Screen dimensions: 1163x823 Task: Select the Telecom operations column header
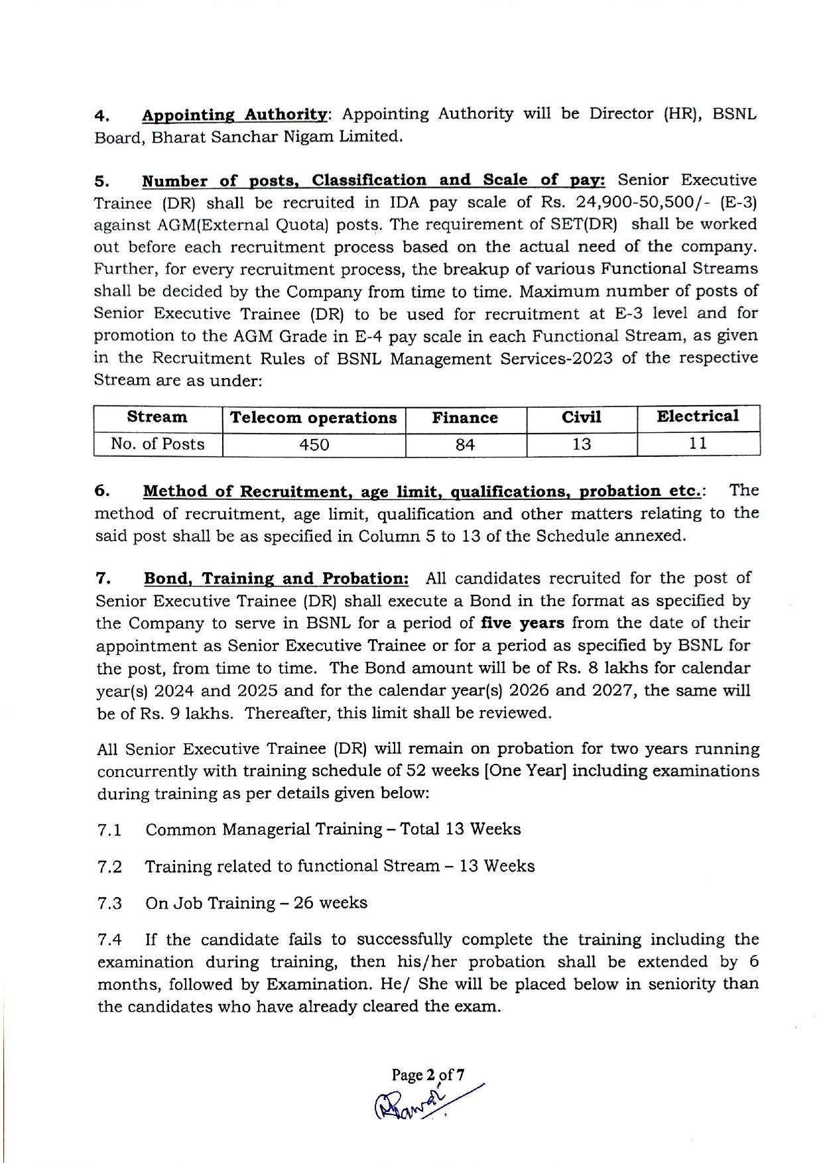pyautogui.click(x=313, y=418)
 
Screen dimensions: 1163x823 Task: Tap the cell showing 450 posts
pyautogui.click(x=314, y=444)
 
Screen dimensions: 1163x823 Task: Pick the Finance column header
pyautogui.click(x=465, y=418)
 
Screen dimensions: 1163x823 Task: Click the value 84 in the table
pyautogui.click(x=465, y=444)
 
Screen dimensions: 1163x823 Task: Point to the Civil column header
pyautogui.click(x=581, y=417)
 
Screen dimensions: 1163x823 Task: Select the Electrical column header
pyautogui.click(x=697, y=416)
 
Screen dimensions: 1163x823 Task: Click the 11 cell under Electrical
pyautogui.click(x=697, y=443)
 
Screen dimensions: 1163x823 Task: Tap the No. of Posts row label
pyautogui.click(x=158, y=444)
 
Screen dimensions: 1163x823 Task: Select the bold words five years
pyautogui.click(x=523, y=623)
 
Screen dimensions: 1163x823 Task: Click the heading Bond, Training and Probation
pyautogui.click(x=277, y=578)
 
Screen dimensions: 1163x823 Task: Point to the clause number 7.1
pyautogui.click(x=109, y=830)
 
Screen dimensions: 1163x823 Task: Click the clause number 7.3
pyautogui.click(x=109, y=904)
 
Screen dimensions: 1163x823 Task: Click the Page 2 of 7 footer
pyautogui.click(x=428, y=1074)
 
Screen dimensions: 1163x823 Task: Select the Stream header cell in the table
pyautogui.click(x=157, y=417)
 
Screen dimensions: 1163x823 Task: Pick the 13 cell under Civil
pyautogui.click(x=581, y=444)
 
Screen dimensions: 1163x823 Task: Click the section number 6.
pyautogui.click(x=102, y=491)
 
